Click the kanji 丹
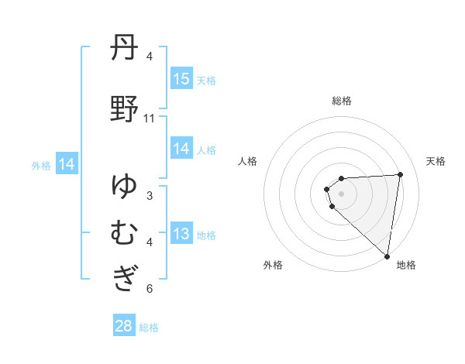(124, 49)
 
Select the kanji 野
(124, 109)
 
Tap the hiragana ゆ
(124, 186)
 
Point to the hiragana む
(124, 232)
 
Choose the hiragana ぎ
(124, 278)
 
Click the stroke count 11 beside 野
(150, 118)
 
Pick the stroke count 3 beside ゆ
(150, 195)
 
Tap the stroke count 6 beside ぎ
(150, 289)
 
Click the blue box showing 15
(181, 79)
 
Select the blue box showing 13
(181, 235)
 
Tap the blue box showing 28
(124, 326)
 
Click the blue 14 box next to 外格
(67, 164)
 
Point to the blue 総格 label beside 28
(149, 327)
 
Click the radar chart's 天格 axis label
(436, 161)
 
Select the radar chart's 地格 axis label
(406, 265)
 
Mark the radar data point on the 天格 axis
(400, 174)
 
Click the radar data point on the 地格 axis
(387, 256)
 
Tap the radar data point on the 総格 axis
(342, 179)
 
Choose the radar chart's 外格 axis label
(273, 265)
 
